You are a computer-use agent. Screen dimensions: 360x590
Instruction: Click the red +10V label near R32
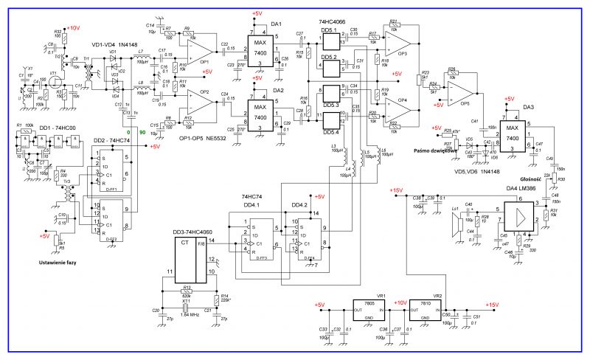pos(72,27)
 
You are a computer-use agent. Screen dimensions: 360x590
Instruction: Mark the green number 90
pos(140,132)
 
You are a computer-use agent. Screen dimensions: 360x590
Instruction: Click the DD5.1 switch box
pos(332,44)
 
